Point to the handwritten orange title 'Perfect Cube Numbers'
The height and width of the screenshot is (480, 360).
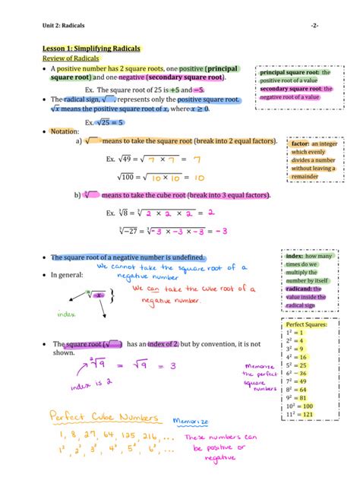click(103, 418)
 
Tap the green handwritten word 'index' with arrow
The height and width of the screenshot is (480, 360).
click(68, 314)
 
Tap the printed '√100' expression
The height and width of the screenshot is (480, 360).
click(125, 177)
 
